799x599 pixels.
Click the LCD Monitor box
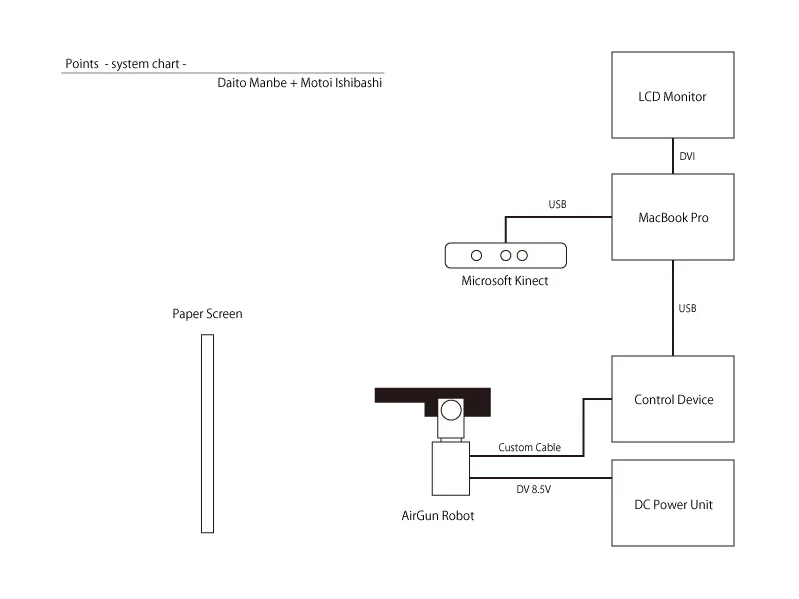click(x=672, y=95)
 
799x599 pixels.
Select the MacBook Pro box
click(x=672, y=217)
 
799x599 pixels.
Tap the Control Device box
click(x=672, y=399)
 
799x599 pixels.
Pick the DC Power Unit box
click(x=672, y=503)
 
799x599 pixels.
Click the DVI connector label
click(x=688, y=157)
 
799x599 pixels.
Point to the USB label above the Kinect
click(x=558, y=205)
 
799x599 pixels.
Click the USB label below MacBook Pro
click(x=687, y=308)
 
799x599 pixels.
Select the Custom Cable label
click(x=528, y=448)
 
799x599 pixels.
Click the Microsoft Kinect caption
click(x=504, y=281)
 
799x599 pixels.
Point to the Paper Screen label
click(x=207, y=314)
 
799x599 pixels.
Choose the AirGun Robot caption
click(x=431, y=516)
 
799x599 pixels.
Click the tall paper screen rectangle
click(x=207, y=434)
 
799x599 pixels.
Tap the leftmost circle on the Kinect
click(x=477, y=255)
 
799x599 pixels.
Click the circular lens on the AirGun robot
click(x=451, y=409)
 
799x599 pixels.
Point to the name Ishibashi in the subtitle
click(x=356, y=83)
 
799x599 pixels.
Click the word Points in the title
click(x=81, y=63)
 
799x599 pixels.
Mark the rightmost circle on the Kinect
click(x=522, y=255)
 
